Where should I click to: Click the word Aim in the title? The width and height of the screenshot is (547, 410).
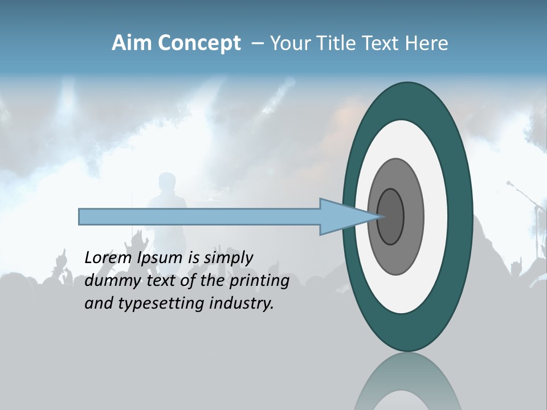tap(130, 43)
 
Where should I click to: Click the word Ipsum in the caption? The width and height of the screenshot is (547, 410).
tap(159, 258)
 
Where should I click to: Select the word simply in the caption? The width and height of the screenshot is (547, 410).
tap(228, 258)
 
